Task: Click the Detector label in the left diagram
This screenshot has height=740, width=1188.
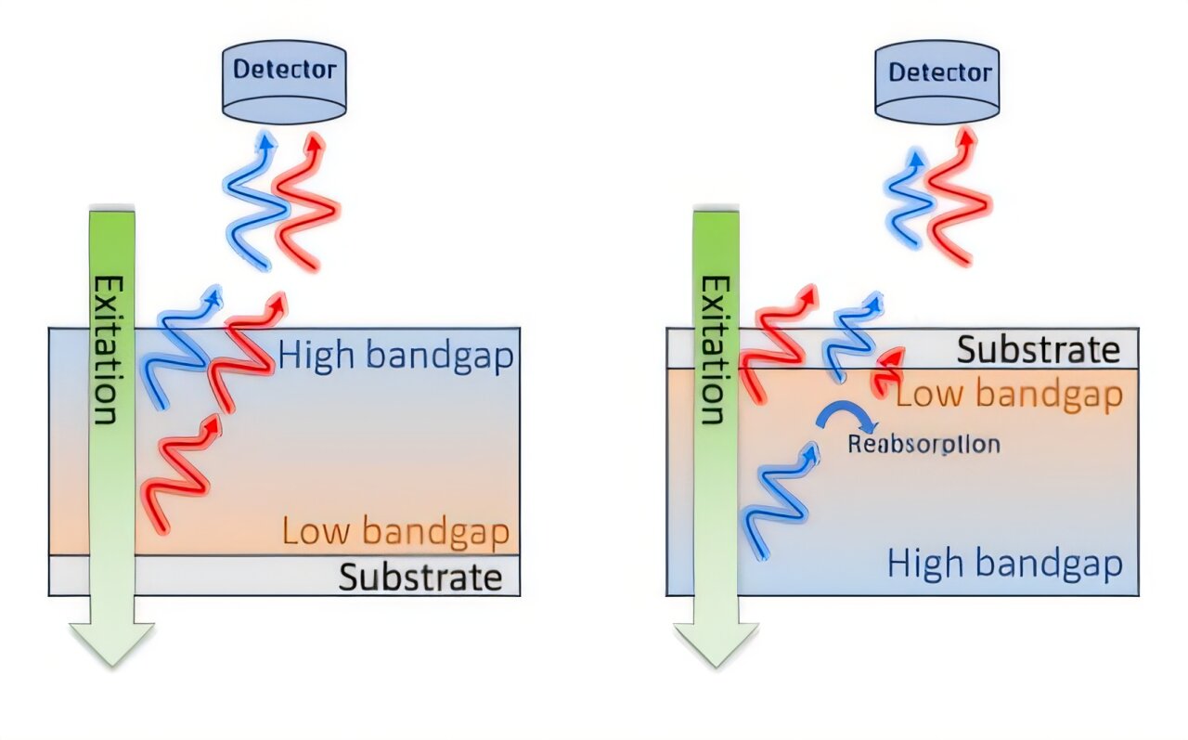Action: (284, 69)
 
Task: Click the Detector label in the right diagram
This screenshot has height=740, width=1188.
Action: (939, 71)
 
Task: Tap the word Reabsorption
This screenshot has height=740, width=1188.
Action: (923, 444)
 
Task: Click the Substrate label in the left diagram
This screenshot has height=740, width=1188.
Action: (420, 577)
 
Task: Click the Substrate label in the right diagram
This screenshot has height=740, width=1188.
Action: (1038, 349)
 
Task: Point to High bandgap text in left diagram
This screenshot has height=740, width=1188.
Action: (395, 357)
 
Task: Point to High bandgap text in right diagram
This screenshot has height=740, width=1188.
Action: (1004, 564)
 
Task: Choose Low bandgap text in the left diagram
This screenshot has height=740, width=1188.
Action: (395, 532)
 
